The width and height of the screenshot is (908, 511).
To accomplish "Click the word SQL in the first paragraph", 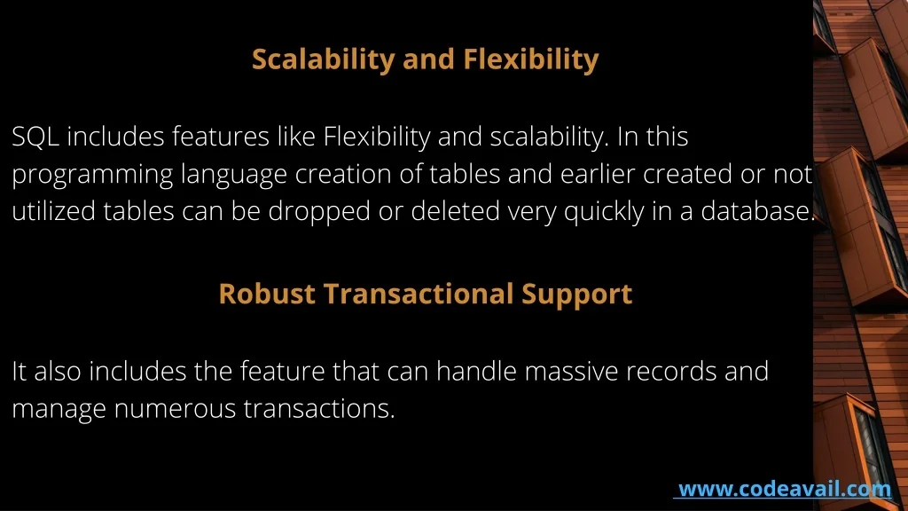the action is coord(35,138).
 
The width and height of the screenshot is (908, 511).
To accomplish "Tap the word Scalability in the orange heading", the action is coord(323,59).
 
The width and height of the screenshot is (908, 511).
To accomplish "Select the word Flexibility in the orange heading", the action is coord(531,59).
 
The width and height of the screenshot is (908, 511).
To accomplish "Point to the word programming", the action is coord(92,175).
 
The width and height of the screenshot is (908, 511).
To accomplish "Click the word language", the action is coord(234,175).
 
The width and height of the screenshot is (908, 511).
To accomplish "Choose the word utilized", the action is coord(53,211).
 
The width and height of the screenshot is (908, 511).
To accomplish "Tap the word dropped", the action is coord(319,212).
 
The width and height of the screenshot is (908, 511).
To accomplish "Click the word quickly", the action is coord(604,212).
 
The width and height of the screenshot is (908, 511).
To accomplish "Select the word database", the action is coord(758,211).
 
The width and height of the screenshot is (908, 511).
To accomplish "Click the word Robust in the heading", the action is coord(267,294).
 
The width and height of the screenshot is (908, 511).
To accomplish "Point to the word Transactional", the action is coord(419,294).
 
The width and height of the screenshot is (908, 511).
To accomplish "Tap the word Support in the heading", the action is coord(576,295).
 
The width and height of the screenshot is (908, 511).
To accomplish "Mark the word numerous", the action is coord(175,409).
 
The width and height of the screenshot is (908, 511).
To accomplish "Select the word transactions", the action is coord(319,408).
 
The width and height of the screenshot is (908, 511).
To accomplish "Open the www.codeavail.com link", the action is coord(785,490).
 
